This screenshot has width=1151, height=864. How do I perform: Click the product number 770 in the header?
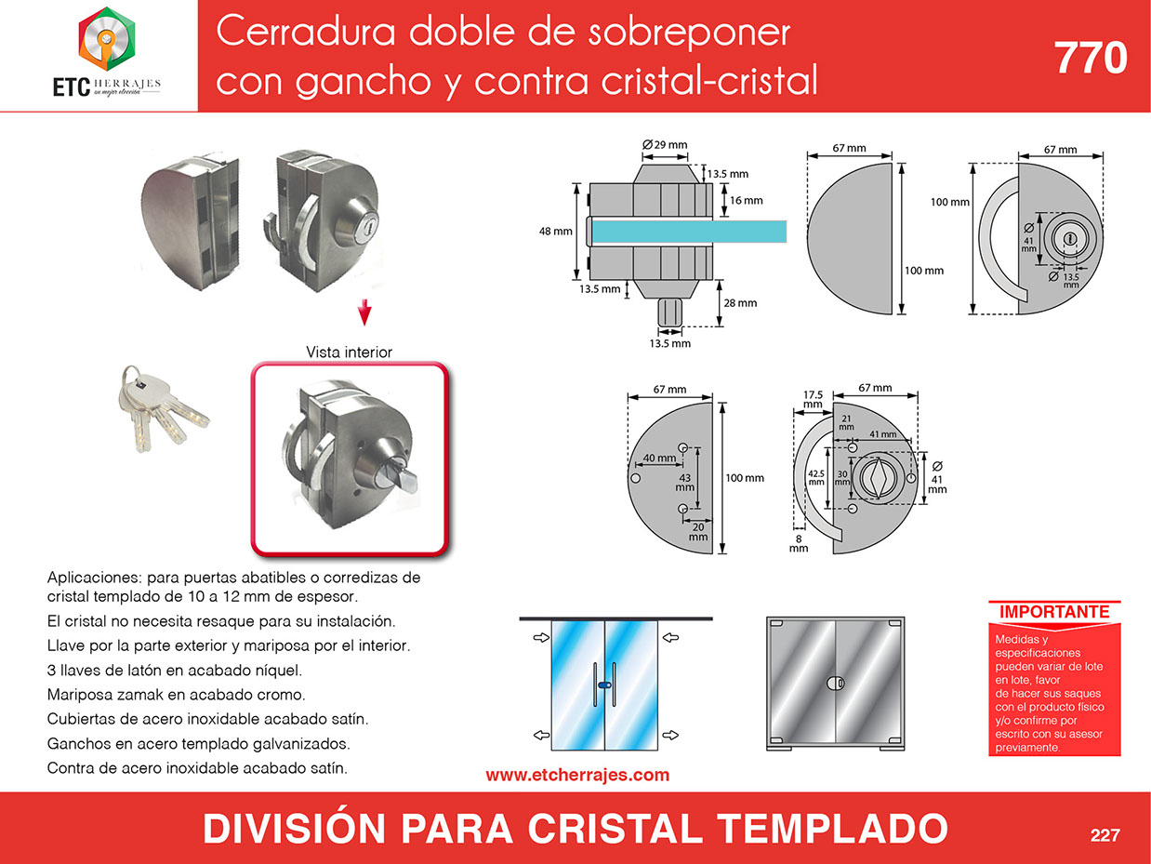coord(1091,58)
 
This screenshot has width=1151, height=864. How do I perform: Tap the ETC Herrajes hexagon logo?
coord(107,39)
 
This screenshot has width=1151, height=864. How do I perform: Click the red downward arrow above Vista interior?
coord(364,312)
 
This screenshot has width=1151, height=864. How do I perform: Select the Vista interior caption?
coord(350,352)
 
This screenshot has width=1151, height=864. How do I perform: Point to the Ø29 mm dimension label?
coord(665,144)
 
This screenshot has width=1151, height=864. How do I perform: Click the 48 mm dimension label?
coord(556,231)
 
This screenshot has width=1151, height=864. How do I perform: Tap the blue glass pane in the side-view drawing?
coord(689,232)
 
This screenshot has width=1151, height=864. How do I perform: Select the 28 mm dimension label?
coord(740,302)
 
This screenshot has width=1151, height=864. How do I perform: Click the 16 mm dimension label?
coord(747,200)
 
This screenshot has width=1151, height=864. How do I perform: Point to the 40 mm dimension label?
coord(660,458)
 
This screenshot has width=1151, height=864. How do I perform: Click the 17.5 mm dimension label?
coord(814,399)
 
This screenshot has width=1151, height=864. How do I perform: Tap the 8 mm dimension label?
coord(799,543)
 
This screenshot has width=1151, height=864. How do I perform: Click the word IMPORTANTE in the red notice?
coord(1054,612)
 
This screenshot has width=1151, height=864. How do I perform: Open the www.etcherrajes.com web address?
coord(577,775)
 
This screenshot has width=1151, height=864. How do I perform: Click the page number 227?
coord(1105,834)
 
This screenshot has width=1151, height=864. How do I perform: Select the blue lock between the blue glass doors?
coord(604,685)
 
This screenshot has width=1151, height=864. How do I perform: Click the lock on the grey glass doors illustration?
coord(835,683)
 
